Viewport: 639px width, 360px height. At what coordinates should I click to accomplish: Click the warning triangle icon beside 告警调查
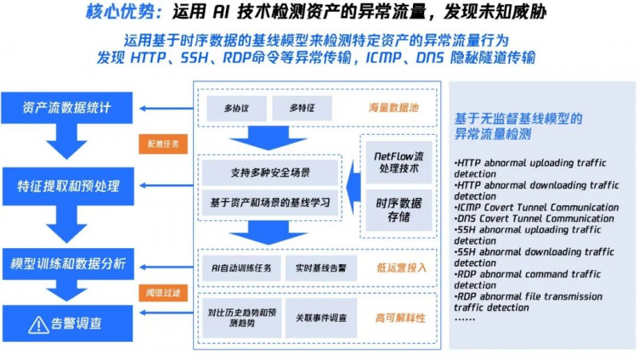pos(37,325)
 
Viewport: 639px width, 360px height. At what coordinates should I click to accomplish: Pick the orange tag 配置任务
pos(163,144)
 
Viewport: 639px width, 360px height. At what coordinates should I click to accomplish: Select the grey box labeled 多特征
pos(301,108)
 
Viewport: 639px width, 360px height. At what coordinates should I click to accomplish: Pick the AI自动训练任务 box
pos(240,267)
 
